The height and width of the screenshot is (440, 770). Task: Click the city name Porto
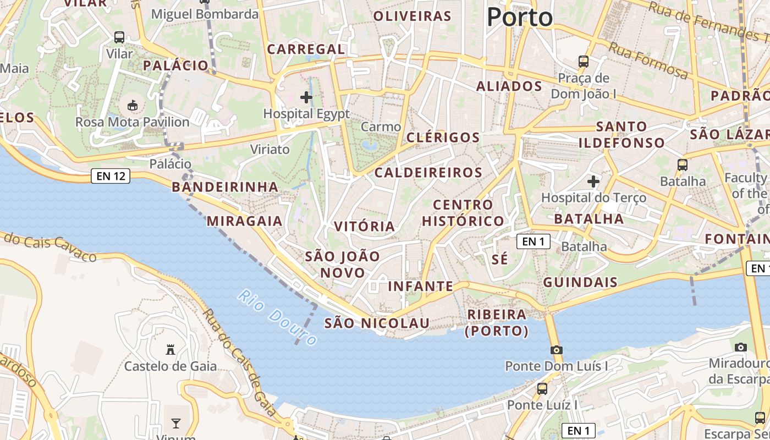(x=519, y=17)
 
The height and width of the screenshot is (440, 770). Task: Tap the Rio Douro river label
(x=278, y=317)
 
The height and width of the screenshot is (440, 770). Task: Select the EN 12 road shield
(x=111, y=176)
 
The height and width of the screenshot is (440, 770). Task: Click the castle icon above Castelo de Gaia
(x=170, y=349)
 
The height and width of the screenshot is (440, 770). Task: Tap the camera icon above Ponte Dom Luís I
(x=556, y=350)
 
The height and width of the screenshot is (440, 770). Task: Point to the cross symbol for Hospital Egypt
(x=306, y=98)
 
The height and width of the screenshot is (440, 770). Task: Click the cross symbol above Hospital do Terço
(x=593, y=181)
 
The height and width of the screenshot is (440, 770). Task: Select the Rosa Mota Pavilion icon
(x=132, y=105)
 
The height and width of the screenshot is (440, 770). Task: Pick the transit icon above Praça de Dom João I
(x=584, y=62)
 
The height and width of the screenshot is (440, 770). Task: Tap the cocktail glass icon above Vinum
(x=175, y=423)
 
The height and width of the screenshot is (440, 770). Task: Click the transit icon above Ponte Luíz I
(x=542, y=389)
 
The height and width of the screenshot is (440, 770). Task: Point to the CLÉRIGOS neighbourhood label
(x=443, y=137)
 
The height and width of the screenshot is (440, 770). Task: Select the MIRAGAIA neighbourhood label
(x=244, y=221)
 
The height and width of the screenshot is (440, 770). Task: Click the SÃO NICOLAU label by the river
(x=377, y=323)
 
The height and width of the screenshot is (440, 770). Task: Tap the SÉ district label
(x=500, y=260)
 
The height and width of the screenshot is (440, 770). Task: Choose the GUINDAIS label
(x=580, y=283)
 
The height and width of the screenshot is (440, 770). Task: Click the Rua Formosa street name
(x=648, y=61)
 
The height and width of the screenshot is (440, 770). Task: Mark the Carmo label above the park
(x=381, y=127)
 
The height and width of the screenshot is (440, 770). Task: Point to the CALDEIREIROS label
(x=428, y=173)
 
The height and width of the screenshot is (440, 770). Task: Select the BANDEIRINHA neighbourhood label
(x=225, y=187)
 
